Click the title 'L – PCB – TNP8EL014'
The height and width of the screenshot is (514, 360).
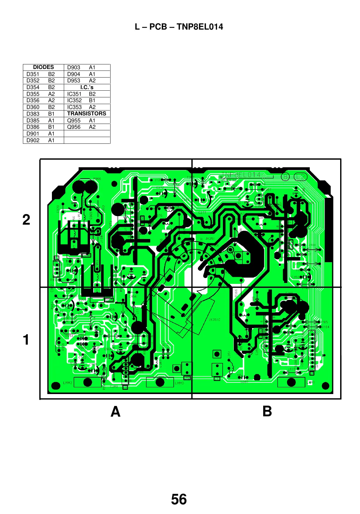coord(179,27)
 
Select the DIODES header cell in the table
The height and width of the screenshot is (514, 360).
coord(43,67)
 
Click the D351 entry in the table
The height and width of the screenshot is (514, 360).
coord(33,74)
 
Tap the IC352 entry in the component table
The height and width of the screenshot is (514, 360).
coord(75,100)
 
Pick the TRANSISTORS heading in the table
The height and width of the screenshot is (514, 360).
coord(87,114)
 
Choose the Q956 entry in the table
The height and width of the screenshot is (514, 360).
coord(74,127)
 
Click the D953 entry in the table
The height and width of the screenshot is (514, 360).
coord(74,81)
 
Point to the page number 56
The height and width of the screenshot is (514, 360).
coord(179,500)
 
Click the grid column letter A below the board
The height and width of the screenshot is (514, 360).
coord(115,412)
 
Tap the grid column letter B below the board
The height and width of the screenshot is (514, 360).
coord(267,411)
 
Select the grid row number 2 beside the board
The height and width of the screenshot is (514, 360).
coord(27,220)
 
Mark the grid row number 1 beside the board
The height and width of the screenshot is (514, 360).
coord(27,340)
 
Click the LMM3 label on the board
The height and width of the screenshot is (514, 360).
coord(67,383)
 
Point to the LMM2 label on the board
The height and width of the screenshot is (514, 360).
coord(179,383)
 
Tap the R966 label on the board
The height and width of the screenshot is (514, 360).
coord(97,179)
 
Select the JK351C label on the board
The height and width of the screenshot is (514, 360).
coord(214,320)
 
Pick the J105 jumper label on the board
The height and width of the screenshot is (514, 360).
coord(324,322)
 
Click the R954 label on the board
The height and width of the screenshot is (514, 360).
coord(69,336)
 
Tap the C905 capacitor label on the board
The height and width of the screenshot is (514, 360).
coord(111,310)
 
